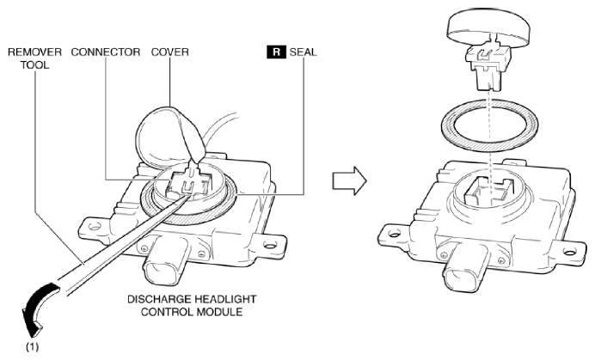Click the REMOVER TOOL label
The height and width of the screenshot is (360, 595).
tap(34, 58)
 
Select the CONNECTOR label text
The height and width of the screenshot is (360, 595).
tap(106, 52)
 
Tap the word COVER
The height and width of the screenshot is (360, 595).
tap(169, 52)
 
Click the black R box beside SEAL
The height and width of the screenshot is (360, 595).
tap(276, 52)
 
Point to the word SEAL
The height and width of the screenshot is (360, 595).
tap(303, 52)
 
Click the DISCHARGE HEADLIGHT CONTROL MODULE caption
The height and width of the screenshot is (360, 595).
tap(192, 305)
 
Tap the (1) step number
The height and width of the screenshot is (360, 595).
tap(33, 346)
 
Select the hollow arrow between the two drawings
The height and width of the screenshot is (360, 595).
tap(349, 180)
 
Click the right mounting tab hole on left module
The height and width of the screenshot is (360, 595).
tap(269, 246)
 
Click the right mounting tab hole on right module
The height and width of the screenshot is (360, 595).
tap(569, 252)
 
